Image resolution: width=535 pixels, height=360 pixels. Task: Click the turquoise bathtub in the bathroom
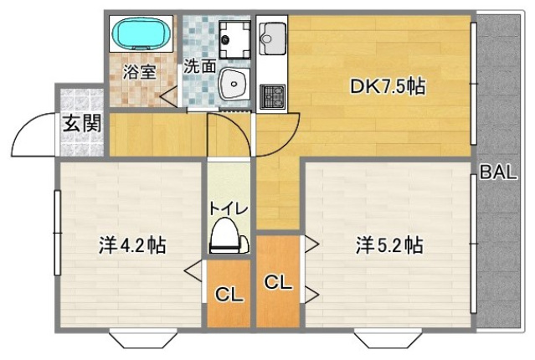pyautogui.click(x=141, y=34)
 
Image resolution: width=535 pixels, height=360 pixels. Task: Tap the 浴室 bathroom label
pyautogui.click(x=139, y=71)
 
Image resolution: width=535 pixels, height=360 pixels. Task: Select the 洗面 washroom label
pyautogui.click(x=199, y=65)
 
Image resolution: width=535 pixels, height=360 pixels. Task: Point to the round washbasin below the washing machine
pyautogui.click(x=234, y=84)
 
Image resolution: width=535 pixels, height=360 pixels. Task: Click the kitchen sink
pyautogui.click(x=273, y=37)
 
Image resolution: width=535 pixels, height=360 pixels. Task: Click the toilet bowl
pyautogui.click(x=229, y=237)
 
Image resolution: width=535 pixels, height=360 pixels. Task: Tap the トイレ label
pyautogui.click(x=228, y=206)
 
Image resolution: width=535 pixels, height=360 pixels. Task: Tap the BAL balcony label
pyautogui.click(x=497, y=173)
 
